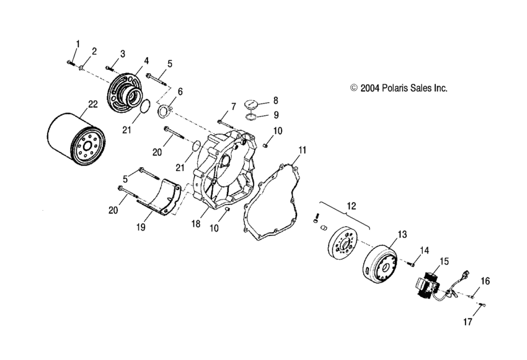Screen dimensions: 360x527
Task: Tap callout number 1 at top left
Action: (77, 43)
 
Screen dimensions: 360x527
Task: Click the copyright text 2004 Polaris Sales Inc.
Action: (399, 89)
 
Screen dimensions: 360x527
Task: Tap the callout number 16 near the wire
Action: (485, 281)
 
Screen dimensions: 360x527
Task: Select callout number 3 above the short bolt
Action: (123, 53)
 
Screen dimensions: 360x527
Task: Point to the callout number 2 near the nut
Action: (94, 51)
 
